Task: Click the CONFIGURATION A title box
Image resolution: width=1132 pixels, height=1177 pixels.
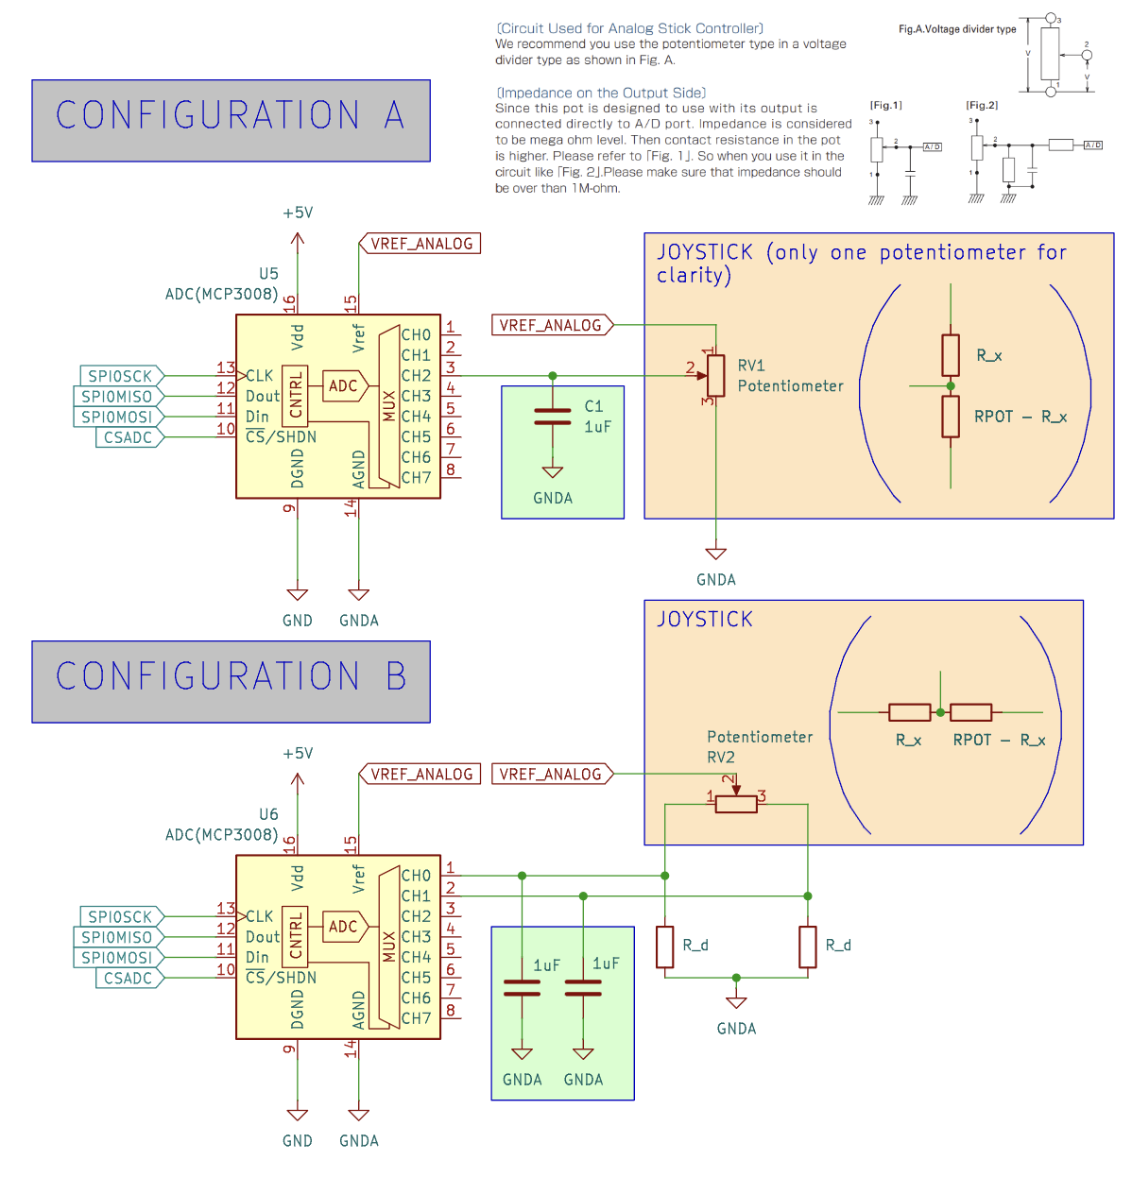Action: click(x=231, y=121)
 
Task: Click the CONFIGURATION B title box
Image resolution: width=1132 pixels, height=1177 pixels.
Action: click(x=231, y=682)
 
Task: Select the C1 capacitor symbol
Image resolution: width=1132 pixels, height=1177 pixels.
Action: click(x=553, y=417)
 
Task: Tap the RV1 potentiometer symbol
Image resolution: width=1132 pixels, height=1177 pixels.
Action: click(x=716, y=376)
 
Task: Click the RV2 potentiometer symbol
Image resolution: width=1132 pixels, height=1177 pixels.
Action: click(x=736, y=804)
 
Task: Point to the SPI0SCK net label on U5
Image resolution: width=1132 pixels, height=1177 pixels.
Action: click(x=120, y=376)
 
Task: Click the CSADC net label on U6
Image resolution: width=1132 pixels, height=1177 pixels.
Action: click(x=129, y=979)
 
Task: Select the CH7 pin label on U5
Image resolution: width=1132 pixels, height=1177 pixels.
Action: click(x=416, y=478)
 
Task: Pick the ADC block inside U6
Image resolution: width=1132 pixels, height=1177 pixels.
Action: click(x=343, y=927)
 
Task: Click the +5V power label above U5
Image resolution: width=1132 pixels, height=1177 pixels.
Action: click(x=298, y=213)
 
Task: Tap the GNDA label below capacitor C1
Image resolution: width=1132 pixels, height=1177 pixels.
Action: click(x=553, y=499)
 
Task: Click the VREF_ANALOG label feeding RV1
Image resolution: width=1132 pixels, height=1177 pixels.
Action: click(x=551, y=325)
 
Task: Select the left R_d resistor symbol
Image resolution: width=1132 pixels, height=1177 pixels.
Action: click(x=665, y=947)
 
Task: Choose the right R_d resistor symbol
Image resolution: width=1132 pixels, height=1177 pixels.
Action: click(x=808, y=947)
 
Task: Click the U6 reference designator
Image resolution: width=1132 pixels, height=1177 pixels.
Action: click(x=269, y=814)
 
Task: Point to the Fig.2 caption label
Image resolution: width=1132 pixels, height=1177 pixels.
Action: click(x=982, y=105)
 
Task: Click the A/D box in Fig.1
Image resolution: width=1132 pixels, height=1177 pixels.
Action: click(x=932, y=146)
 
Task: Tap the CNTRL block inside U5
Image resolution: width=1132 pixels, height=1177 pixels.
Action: click(x=296, y=395)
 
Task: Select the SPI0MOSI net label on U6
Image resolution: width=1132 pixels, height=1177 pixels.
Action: click(x=117, y=958)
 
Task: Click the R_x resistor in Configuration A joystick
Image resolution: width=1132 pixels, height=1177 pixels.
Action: click(x=951, y=355)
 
